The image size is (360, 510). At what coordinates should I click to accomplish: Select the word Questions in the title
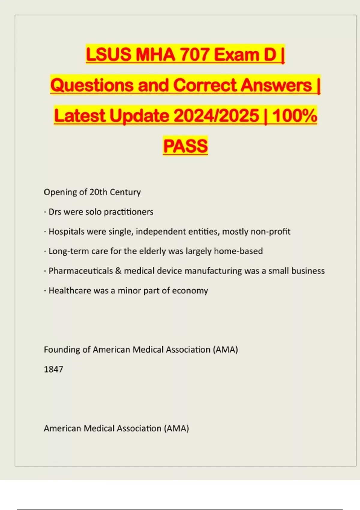pos(92,85)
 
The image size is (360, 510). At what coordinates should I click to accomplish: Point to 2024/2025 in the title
pos(216,116)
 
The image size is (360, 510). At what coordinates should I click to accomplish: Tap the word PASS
pos(185,146)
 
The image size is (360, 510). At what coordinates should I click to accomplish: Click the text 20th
pos(98,192)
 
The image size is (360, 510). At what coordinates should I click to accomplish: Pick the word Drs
pos(55,212)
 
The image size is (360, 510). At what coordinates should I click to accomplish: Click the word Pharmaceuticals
pos(81,271)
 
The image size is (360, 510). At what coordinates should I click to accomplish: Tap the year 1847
pos(53,369)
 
